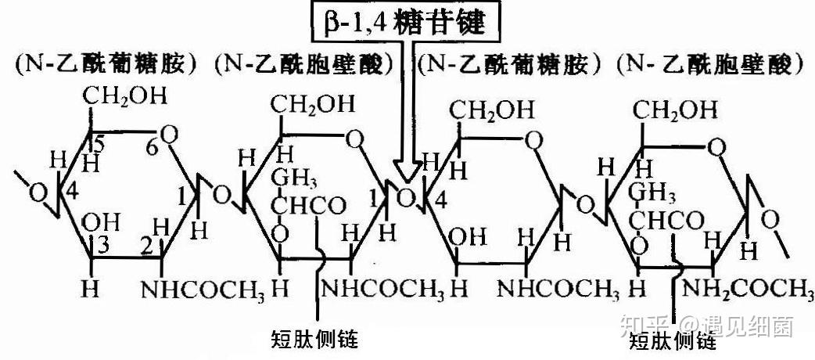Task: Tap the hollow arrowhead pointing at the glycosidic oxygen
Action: pyautogui.click(x=408, y=169)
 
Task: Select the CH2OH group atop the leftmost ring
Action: pyautogui.click(x=125, y=97)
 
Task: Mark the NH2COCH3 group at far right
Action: pyautogui.click(x=747, y=288)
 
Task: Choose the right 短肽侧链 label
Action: pyautogui.click(x=673, y=341)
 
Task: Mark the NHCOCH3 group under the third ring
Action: pyautogui.click(x=550, y=288)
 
